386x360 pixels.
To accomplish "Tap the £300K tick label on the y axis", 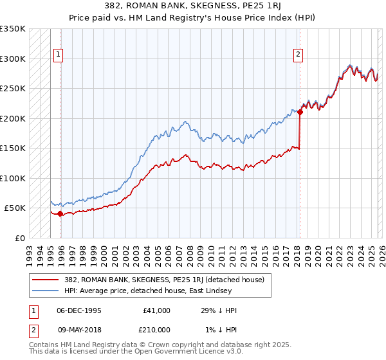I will (x=13, y=59).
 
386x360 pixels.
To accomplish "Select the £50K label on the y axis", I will (x=15, y=208).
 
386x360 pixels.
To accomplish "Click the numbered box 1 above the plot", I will (x=58, y=55).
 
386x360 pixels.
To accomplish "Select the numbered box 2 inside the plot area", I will (x=299, y=55).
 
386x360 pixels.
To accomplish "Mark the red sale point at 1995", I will (x=60, y=214).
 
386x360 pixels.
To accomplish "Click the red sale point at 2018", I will (x=300, y=112).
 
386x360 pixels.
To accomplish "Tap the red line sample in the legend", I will (x=46, y=279).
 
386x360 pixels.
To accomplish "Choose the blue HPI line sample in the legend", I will (x=46, y=290).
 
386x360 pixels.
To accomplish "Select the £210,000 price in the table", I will (x=154, y=329).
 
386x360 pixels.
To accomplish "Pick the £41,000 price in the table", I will (x=156, y=310).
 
